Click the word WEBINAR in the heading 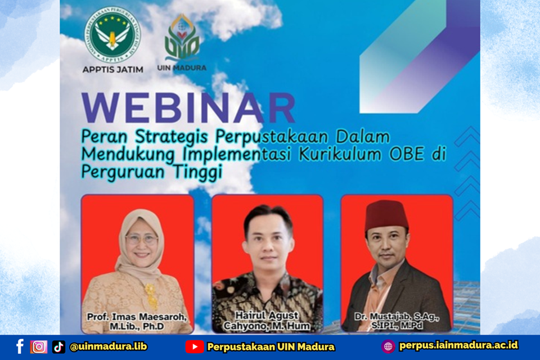[188, 108]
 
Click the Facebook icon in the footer [20, 346]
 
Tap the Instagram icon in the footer [39, 346]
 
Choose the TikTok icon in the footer [58, 346]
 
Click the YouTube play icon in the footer [195, 346]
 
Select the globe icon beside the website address [388, 346]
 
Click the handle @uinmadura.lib [108, 346]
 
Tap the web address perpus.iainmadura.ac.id [458, 345]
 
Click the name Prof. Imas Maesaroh [137, 317]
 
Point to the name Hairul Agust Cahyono [267, 321]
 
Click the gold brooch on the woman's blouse [150, 290]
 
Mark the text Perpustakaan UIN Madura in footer [271, 346]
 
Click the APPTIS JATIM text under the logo [112, 70]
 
